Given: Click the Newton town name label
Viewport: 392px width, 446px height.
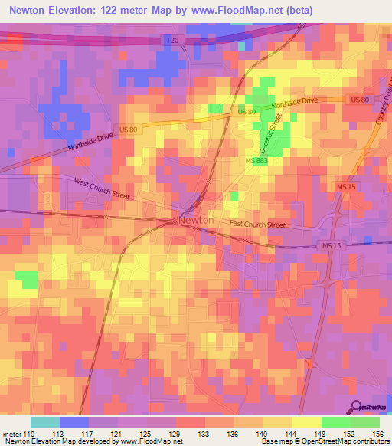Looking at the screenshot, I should (196, 220).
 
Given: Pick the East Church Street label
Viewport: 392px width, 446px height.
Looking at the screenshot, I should (258, 225).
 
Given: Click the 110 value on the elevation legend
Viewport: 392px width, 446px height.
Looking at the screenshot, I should (29, 435).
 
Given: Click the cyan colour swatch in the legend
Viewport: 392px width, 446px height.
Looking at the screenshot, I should (45, 422).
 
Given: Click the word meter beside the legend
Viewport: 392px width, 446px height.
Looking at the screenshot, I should (11, 435).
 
